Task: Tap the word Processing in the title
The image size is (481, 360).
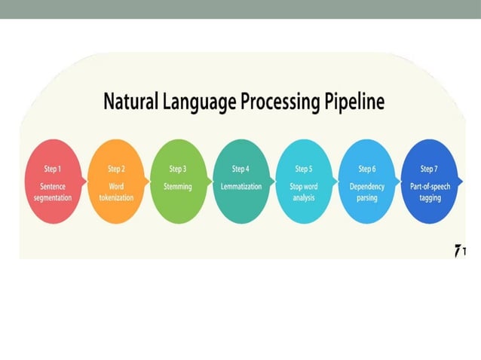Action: [x=279, y=102]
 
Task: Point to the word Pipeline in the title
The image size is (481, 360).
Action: [x=354, y=102]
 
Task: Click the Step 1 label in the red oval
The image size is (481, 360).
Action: [x=54, y=169]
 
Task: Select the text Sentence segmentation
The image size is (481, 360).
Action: [x=54, y=192]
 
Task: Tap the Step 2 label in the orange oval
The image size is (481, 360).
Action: [x=116, y=169]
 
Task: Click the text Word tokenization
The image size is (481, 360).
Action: [x=116, y=192]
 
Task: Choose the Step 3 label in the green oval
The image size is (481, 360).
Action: [x=178, y=169]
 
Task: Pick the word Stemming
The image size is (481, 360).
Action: [x=178, y=186]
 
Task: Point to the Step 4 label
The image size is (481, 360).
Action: [x=240, y=169]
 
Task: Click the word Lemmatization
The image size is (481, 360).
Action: [x=240, y=186]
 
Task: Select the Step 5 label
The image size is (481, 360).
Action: [x=303, y=169]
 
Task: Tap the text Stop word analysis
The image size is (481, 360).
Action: [x=303, y=192]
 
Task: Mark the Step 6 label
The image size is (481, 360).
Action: [x=366, y=169]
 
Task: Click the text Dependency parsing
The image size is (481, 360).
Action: [x=366, y=192]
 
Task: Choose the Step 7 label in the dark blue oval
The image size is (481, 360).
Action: [x=428, y=169]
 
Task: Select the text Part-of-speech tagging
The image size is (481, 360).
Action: [x=428, y=192]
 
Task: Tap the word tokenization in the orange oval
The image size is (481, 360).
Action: [x=116, y=198]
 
